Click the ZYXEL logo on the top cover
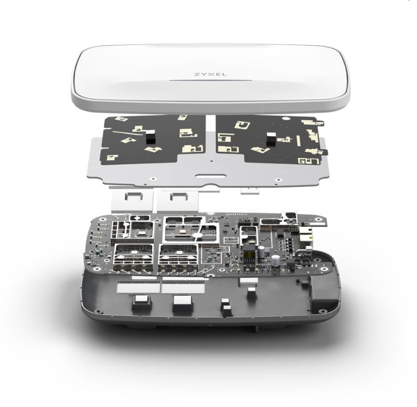211,74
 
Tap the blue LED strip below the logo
211,80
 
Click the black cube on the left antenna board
150,137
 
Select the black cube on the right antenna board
271,139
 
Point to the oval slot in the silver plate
211,176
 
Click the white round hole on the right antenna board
285,118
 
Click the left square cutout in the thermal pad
133,196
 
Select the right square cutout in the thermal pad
179,197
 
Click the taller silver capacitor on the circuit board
262,251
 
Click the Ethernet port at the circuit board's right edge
306,234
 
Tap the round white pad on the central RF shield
198,235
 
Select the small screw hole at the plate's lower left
153,179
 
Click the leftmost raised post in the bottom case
141,303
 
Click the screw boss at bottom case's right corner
323,311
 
